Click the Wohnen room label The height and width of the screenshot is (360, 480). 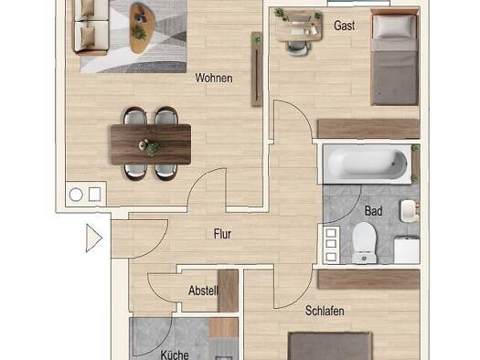tap(214, 78)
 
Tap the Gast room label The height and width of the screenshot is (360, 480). tap(345, 26)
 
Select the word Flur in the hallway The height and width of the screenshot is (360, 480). tap(222, 234)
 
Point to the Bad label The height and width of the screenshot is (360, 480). tap(373, 211)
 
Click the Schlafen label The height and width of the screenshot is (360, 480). tap(325, 311)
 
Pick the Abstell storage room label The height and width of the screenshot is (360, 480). tap(203, 291)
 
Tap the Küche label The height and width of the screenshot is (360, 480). tap(175, 355)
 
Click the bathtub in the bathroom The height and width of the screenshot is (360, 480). tap(368, 164)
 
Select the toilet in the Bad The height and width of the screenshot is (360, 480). tap(364, 243)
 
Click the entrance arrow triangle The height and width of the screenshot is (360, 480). tap(93, 238)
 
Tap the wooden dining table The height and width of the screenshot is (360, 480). tap(151, 144)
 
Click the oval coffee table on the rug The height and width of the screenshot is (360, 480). tap(143, 27)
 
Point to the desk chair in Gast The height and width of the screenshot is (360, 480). tap(297, 48)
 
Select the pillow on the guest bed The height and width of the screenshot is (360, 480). tap(394, 26)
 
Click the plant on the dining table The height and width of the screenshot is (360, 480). tap(152, 148)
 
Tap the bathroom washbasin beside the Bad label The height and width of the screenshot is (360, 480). tap(410, 211)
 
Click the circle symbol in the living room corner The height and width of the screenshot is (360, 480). tap(76, 195)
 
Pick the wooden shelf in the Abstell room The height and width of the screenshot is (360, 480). tap(229, 291)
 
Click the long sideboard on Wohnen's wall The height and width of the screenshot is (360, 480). tap(257, 69)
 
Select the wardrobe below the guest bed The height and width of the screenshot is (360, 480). tap(368, 129)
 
